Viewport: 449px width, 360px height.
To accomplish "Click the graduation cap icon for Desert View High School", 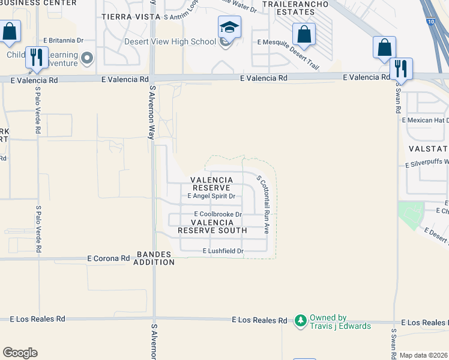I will (x=229, y=27).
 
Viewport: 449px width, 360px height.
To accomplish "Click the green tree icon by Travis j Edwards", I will (x=301, y=322).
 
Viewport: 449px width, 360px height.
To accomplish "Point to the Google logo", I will (x=20, y=353).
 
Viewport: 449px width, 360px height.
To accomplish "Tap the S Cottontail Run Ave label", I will (x=262, y=200).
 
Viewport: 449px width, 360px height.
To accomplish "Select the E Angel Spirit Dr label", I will (x=211, y=196).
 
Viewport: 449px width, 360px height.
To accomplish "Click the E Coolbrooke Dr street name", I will (x=217, y=214).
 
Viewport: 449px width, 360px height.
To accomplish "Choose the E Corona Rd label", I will (x=109, y=258).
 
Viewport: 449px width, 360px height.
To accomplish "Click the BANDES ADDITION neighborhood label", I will (x=154, y=258).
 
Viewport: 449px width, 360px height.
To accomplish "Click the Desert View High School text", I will (x=170, y=41).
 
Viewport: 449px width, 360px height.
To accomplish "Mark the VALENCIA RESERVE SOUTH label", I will (x=212, y=226).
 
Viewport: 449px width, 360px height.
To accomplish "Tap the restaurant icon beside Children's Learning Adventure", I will (x=37, y=57).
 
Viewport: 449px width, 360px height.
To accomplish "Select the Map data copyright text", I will (x=423, y=355).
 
